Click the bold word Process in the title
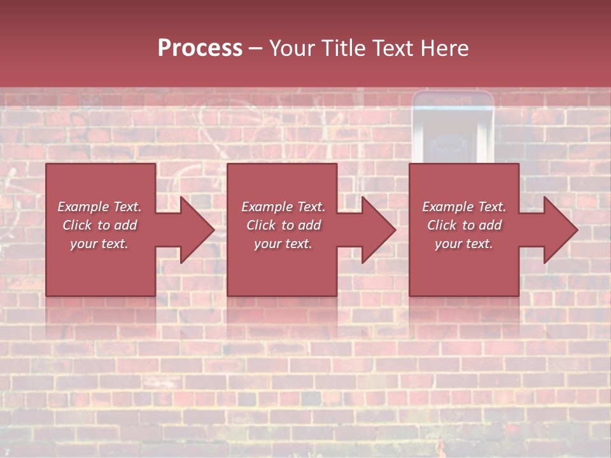[200, 48]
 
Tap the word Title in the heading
[343, 48]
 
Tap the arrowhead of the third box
[559, 230]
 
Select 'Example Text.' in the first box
[99, 207]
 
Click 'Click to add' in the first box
[99, 225]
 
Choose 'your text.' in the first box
[99, 244]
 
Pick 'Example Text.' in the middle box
[283, 207]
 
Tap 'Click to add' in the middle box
[283, 225]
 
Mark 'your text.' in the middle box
[283, 244]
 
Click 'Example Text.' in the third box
[464, 207]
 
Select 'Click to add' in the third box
[464, 225]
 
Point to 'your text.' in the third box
[464, 244]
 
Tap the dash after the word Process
[255, 49]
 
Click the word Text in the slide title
[393, 48]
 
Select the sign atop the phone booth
[453, 101]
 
